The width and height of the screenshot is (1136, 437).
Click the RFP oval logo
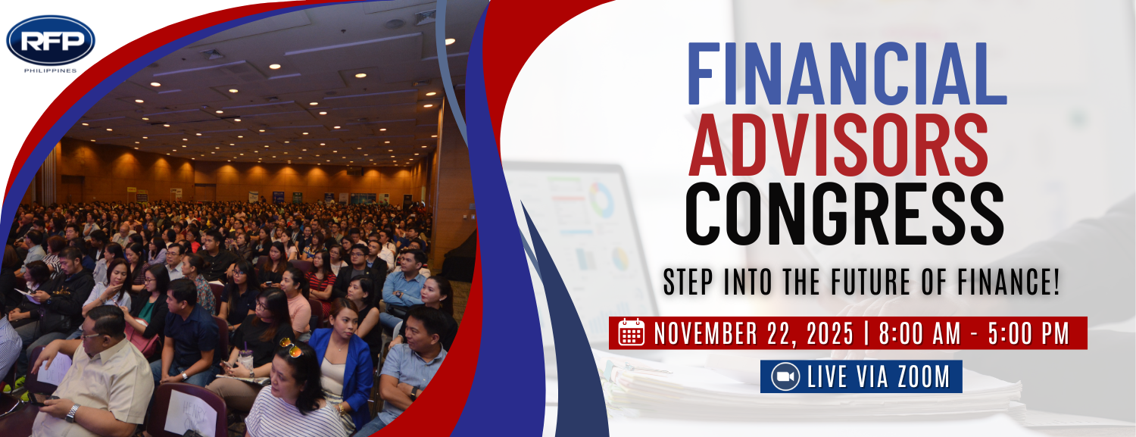coord(51,40)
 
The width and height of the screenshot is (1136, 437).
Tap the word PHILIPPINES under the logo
coord(51,71)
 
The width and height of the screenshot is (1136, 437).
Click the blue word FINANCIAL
coord(847,73)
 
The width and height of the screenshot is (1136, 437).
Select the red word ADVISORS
coord(838,145)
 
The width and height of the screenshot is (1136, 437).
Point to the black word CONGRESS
coord(844,214)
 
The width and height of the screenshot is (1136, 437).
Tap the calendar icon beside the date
coord(632,332)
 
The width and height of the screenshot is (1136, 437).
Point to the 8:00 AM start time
coord(920,333)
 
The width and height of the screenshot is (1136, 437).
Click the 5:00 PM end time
coord(1029,333)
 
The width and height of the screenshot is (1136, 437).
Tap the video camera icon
coord(785,376)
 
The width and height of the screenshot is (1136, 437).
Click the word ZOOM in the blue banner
coord(923,376)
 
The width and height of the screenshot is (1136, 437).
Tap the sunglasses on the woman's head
coord(291,347)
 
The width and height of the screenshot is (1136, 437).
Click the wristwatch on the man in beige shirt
coord(73,414)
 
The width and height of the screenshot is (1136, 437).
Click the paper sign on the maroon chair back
coord(191,414)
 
